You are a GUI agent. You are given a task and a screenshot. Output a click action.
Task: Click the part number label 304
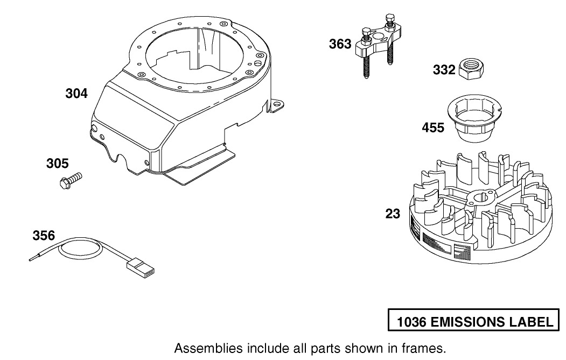[x=76, y=93]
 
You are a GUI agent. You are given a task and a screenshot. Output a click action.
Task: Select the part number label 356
[x=44, y=235]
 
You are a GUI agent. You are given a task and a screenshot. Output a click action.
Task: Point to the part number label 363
[x=340, y=44]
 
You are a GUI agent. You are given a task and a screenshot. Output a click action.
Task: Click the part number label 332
[x=444, y=70]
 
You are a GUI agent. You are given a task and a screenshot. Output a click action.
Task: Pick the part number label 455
[x=433, y=128]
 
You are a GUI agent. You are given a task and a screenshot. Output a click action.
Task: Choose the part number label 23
[x=393, y=214]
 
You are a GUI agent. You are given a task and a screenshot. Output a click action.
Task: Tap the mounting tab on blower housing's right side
[x=277, y=105]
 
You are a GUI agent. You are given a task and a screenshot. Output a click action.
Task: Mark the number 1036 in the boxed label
[x=413, y=322]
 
